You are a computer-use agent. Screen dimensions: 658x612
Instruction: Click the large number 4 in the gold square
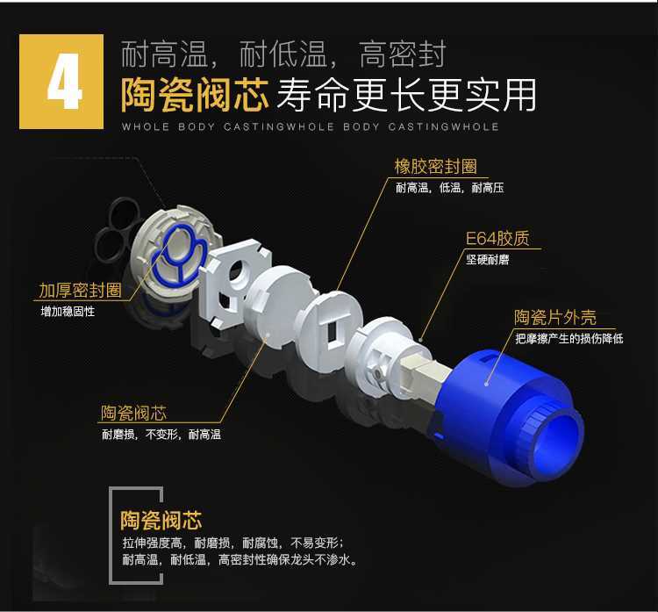pyautogui.click(x=64, y=82)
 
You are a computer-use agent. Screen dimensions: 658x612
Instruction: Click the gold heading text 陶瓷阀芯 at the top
pyautogui.click(x=195, y=95)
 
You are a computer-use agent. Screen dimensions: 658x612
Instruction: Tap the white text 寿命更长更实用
pyautogui.click(x=406, y=95)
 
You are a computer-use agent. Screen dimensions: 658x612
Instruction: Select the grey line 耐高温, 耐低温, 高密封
pyautogui.click(x=283, y=54)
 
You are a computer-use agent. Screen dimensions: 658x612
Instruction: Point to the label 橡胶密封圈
pyautogui.click(x=435, y=166)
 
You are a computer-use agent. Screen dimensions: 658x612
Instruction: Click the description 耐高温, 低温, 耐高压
pyautogui.click(x=450, y=188)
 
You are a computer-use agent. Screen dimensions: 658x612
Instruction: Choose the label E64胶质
pyautogui.click(x=497, y=239)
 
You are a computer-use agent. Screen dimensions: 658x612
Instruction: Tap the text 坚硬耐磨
pyautogui.click(x=487, y=260)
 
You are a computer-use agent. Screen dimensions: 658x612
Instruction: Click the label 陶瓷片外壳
pyautogui.click(x=555, y=317)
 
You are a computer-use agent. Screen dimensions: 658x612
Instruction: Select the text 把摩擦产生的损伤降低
pyautogui.click(x=569, y=338)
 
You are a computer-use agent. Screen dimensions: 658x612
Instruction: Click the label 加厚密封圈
pyautogui.click(x=80, y=291)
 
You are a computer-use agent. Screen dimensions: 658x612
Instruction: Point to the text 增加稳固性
pyautogui.click(x=68, y=311)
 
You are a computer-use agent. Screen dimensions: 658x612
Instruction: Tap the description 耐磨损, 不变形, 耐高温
pyautogui.click(x=161, y=434)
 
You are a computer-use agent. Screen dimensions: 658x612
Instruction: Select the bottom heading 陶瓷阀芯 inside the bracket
pyautogui.click(x=161, y=520)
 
